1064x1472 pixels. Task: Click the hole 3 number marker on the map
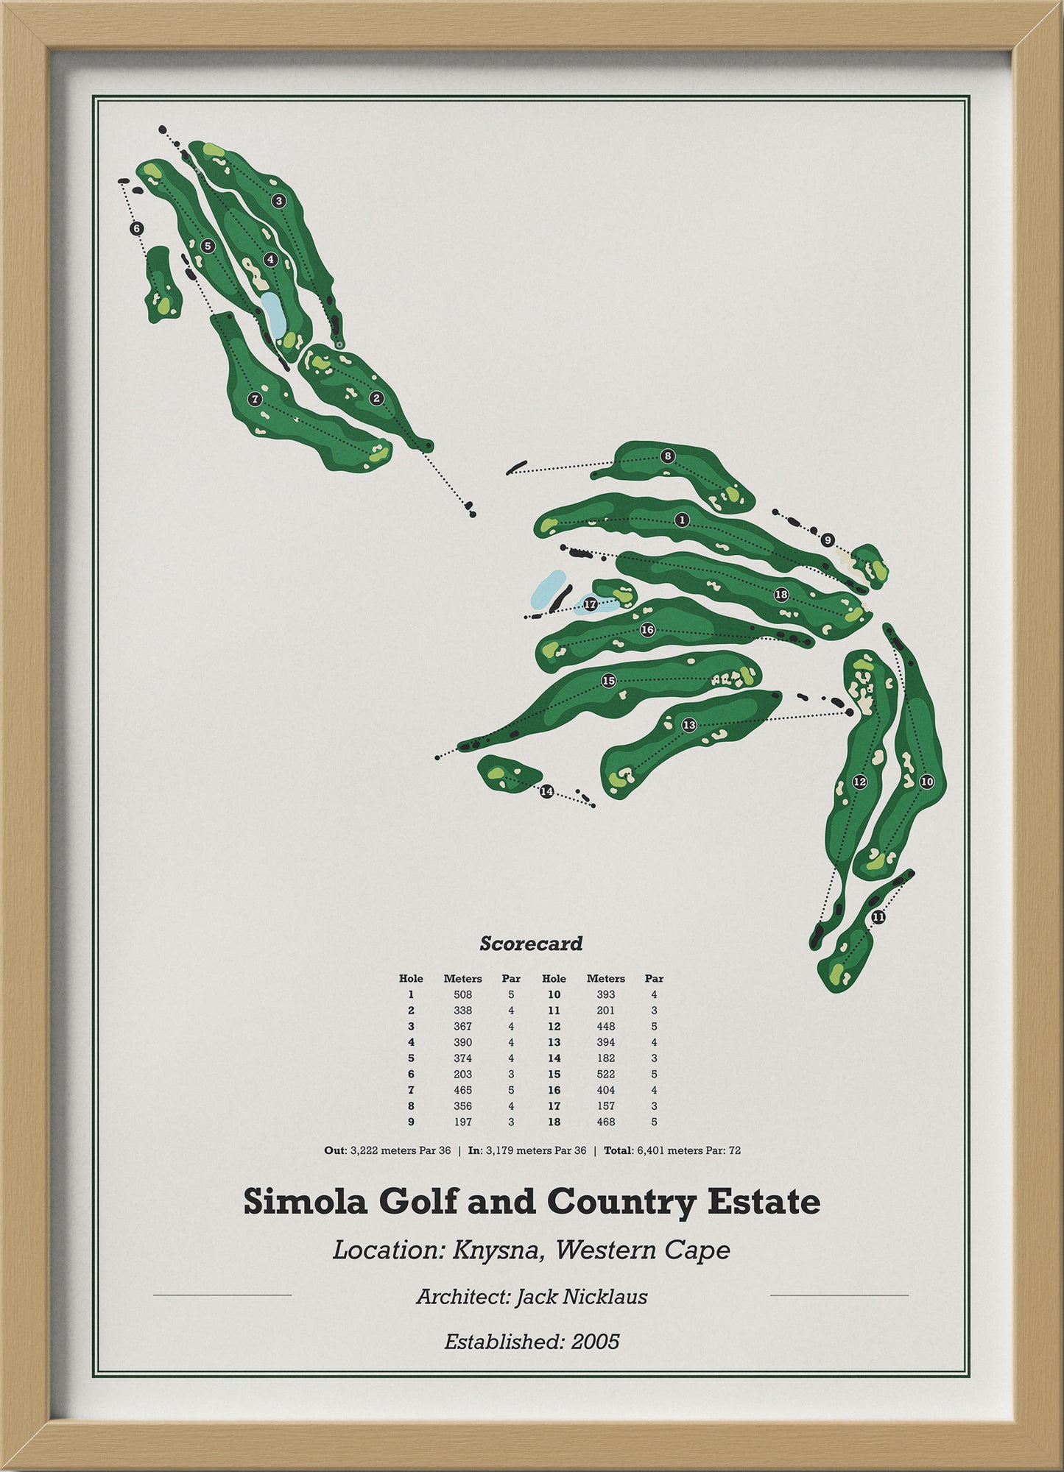point(278,200)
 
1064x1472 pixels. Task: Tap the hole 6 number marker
point(136,229)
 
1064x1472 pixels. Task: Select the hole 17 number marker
point(590,604)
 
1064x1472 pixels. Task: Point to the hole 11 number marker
point(878,917)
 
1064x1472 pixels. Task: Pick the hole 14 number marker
point(546,792)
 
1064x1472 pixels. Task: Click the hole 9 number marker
point(828,540)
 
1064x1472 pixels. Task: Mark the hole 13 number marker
point(689,725)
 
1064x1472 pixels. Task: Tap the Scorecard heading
point(531,944)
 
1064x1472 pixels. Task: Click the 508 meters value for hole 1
point(462,994)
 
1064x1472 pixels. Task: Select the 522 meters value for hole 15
point(605,1074)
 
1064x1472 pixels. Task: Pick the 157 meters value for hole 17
point(605,1105)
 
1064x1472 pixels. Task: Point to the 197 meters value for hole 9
point(462,1122)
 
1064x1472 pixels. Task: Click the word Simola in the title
point(303,1203)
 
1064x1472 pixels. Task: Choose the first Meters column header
point(462,978)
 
